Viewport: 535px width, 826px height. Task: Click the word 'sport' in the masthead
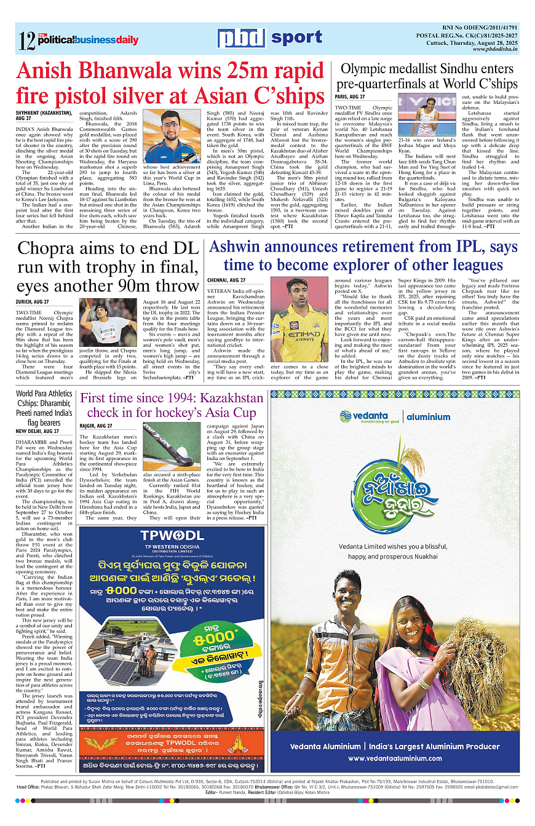tap(297, 38)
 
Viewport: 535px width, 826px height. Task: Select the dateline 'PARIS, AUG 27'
tap(350, 97)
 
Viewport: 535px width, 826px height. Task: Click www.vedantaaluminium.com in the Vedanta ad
tap(403, 758)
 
